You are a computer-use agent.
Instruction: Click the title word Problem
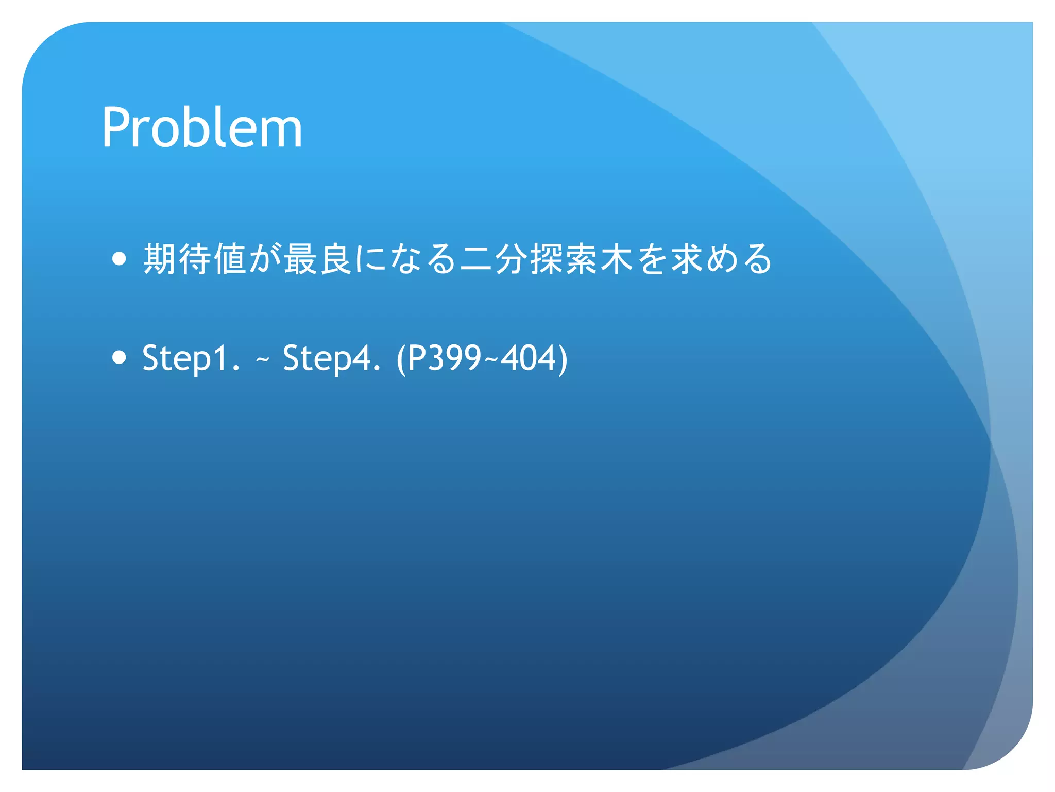coord(201,127)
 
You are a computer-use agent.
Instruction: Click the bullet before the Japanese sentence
coord(119,258)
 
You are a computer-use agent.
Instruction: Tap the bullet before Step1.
coord(119,357)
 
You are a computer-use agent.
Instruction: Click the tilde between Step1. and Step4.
coord(262,359)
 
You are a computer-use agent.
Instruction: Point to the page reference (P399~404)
coord(482,358)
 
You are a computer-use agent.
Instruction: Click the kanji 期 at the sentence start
coord(160,258)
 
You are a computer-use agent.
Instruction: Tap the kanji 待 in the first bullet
coord(195,258)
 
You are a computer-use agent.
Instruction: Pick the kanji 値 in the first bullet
coord(230,258)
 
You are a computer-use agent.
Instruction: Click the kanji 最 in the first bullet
coord(300,258)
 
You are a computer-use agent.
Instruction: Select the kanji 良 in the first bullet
coord(335,258)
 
